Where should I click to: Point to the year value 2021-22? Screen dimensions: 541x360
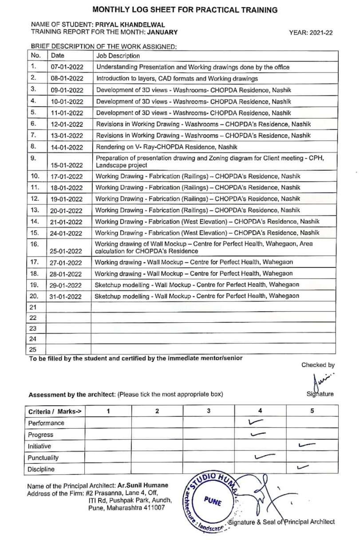point(320,32)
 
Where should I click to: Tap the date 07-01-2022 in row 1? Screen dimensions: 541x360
point(67,67)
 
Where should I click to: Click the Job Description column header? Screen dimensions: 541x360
point(118,56)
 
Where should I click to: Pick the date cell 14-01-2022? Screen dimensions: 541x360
point(67,147)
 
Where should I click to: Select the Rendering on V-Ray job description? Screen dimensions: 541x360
point(166,147)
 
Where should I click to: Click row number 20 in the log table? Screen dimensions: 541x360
point(35,296)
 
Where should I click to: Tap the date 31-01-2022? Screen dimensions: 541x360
point(67,296)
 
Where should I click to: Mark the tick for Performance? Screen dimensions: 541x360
point(257,422)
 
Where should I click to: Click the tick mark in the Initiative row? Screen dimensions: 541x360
point(307,444)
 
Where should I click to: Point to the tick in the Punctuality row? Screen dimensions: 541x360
point(265,456)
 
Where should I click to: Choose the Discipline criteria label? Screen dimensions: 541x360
point(41,469)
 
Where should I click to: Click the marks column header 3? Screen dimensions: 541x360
point(209,411)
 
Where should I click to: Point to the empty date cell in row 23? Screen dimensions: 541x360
point(68,329)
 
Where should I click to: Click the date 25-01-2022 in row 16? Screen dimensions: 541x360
point(67,251)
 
